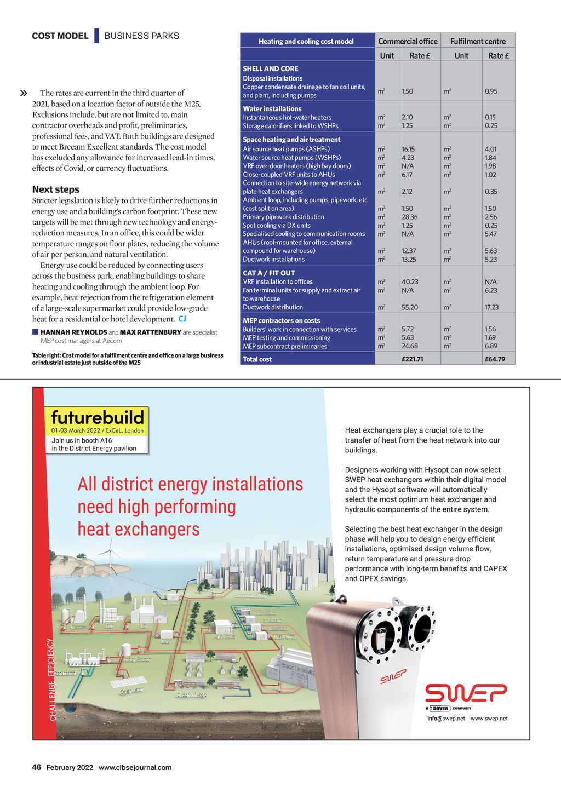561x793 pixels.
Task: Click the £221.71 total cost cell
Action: tap(412, 359)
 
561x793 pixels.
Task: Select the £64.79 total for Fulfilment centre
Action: tap(495, 359)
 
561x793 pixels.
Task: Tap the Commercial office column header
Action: tap(408, 41)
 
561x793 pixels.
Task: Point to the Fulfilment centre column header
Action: tap(478, 41)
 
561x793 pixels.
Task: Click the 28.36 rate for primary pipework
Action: tap(409, 217)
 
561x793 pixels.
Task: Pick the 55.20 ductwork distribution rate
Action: tap(409, 307)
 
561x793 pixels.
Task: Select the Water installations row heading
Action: tap(272, 109)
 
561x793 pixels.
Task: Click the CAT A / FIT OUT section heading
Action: tap(269, 273)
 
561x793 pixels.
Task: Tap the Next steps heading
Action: tap(55, 189)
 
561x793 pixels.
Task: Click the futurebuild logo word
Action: tap(98, 417)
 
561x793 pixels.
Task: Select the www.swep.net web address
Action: tap(489, 719)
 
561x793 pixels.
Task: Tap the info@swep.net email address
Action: tap(446, 719)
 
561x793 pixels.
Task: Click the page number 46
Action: tap(37, 767)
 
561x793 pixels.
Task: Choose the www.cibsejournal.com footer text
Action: tap(135, 767)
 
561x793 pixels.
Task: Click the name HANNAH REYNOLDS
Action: tap(73, 332)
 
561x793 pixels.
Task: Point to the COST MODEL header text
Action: tap(60, 36)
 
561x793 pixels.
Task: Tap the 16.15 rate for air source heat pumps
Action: tap(408, 149)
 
